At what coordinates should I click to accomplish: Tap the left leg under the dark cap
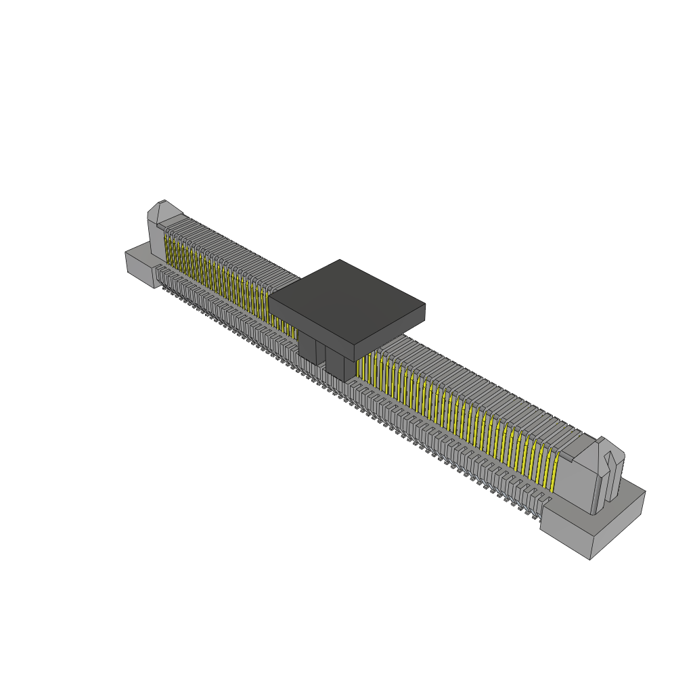click(x=307, y=346)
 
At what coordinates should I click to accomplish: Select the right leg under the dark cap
click(x=340, y=365)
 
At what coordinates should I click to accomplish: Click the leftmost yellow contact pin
click(x=166, y=248)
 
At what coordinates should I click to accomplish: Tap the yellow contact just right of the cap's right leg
click(x=360, y=368)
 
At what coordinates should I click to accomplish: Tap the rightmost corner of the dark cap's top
click(x=424, y=305)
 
